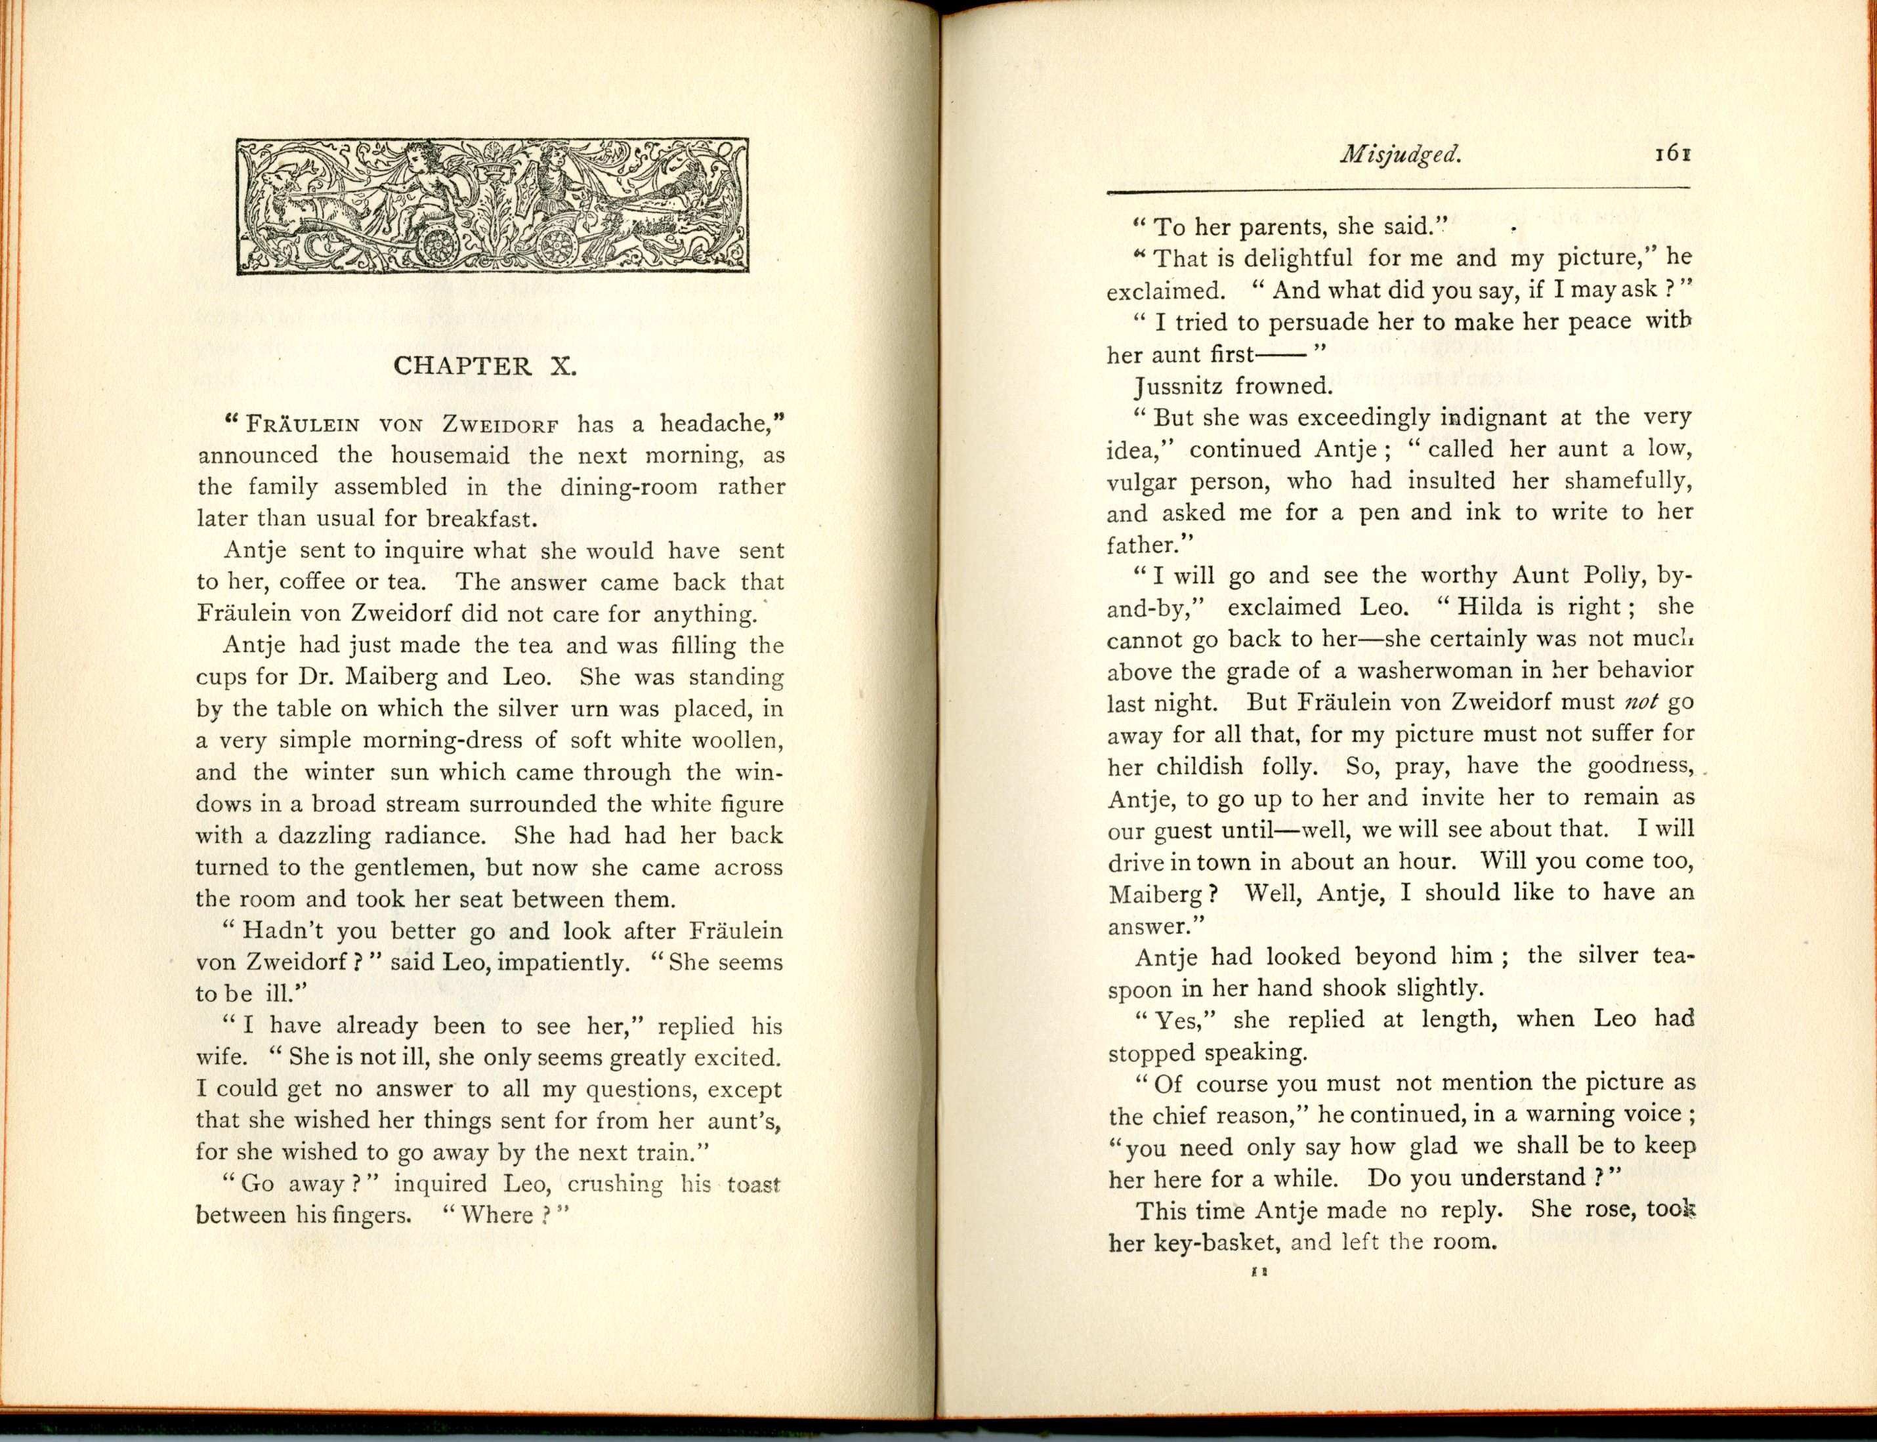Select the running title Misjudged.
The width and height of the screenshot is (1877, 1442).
click(x=1400, y=155)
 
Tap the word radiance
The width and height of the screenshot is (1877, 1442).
click(x=434, y=835)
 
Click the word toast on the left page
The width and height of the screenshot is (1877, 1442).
click(x=753, y=1185)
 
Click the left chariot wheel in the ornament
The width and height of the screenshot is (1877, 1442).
click(x=439, y=246)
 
